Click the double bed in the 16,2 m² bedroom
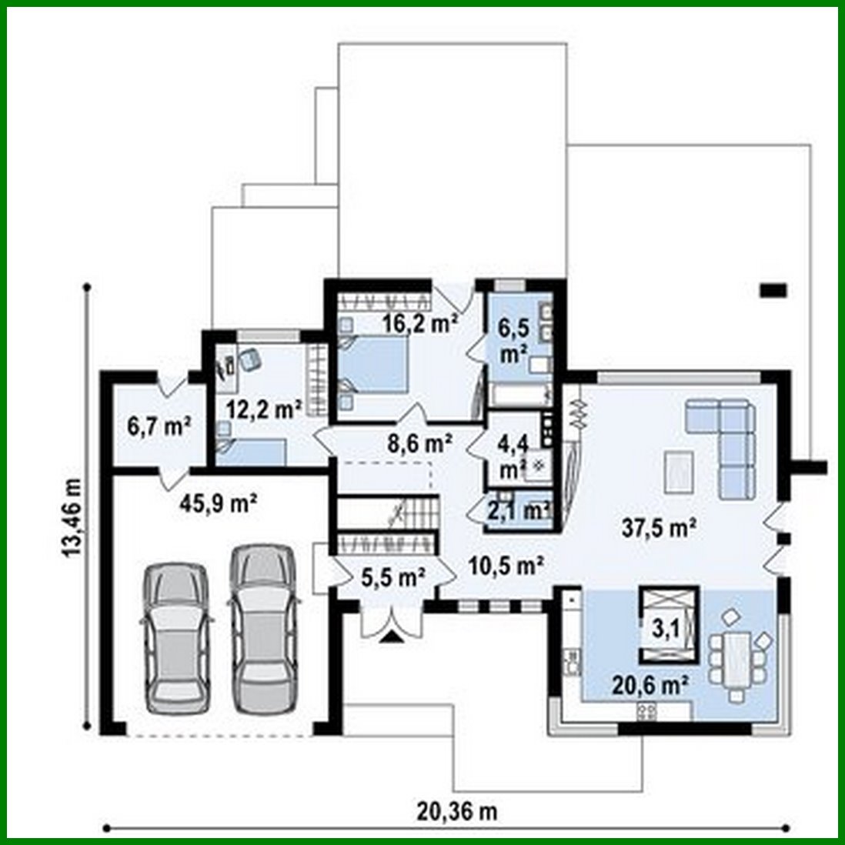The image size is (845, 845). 374,365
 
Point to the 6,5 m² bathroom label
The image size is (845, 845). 513,341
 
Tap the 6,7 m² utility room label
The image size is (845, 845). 159,426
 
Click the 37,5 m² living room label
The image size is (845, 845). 659,528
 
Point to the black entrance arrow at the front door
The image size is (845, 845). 392,635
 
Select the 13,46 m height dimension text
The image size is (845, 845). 71,508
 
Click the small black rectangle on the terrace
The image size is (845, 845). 773,290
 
